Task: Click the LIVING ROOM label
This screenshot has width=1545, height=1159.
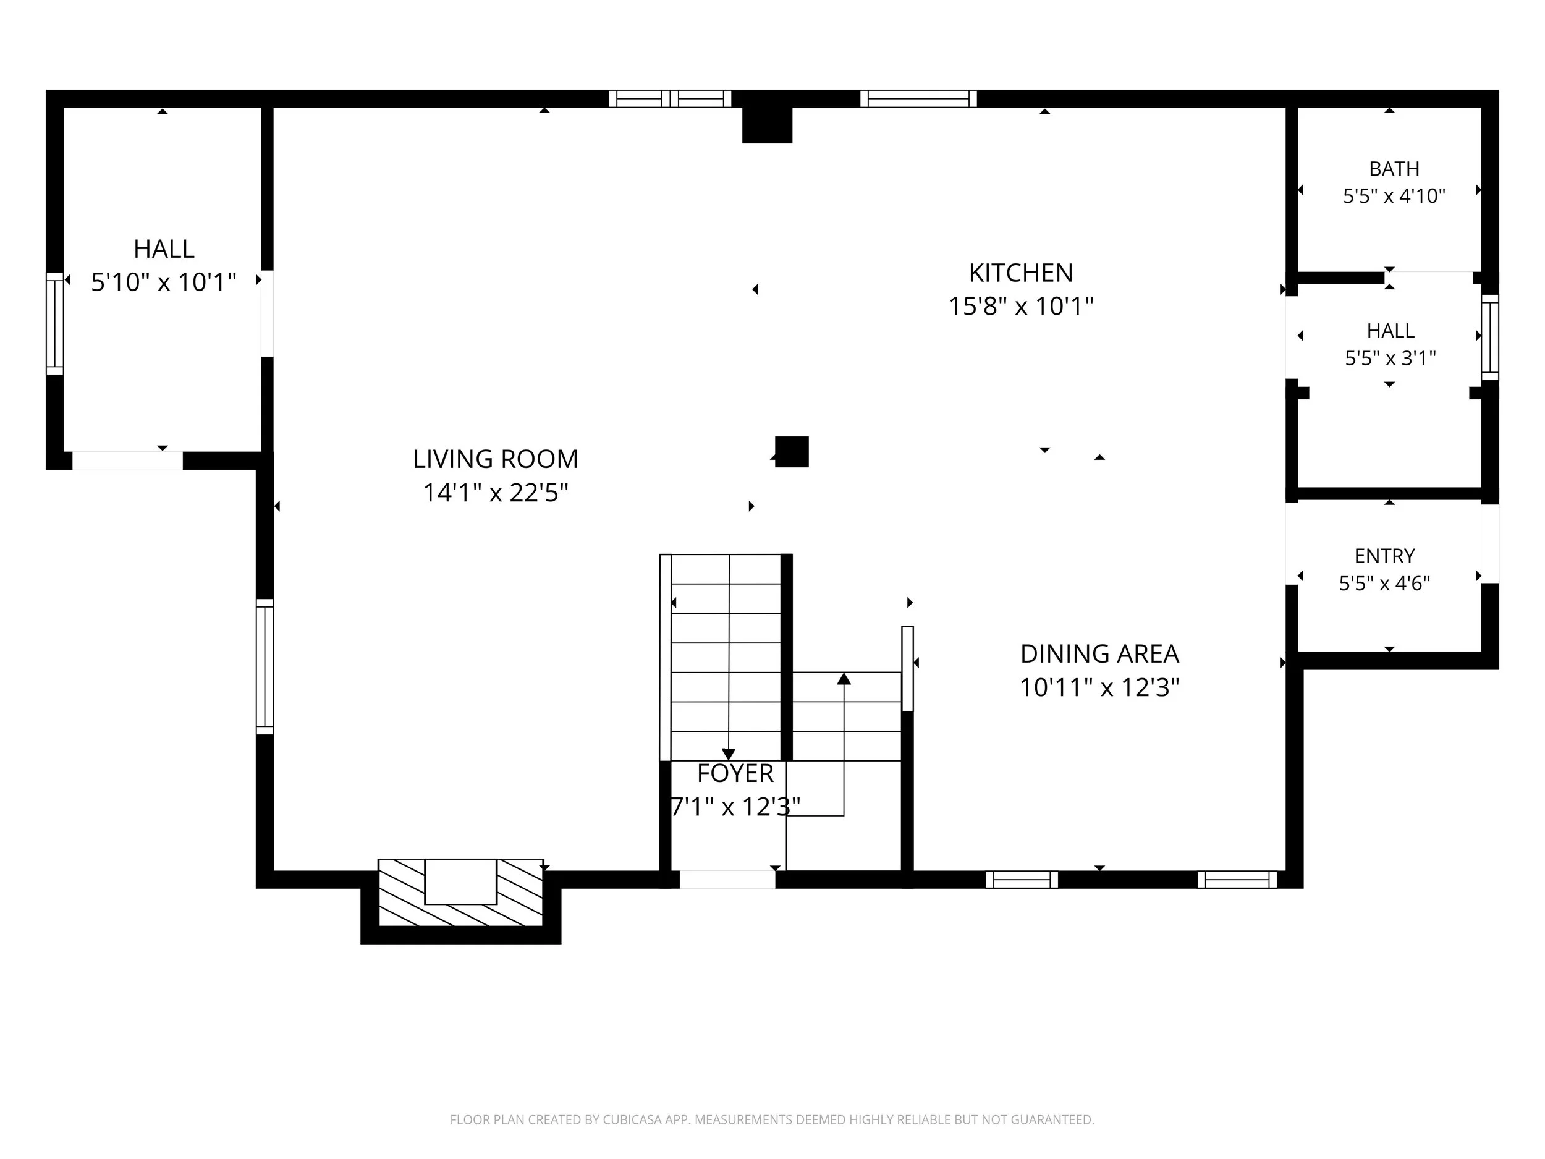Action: (495, 459)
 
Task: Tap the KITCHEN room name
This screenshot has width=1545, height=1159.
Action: (1020, 273)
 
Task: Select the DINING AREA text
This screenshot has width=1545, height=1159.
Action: (1099, 654)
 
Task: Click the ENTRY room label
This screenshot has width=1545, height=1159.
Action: (1384, 556)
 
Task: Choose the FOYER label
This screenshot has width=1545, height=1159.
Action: (735, 773)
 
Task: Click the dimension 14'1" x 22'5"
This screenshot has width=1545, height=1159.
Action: (495, 493)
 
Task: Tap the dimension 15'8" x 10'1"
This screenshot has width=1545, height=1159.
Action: (1020, 306)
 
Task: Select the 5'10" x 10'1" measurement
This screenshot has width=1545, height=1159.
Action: (163, 282)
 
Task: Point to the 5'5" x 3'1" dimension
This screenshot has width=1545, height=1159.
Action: (1390, 358)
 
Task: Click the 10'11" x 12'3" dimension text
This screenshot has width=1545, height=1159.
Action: (1099, 687)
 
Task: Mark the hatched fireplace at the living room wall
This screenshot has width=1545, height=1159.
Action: (460, 893)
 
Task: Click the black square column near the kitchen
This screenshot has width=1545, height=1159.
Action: (792, 451)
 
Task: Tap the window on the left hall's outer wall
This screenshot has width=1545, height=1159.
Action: (54, 323)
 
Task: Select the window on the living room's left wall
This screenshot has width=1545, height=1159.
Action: (265, 666)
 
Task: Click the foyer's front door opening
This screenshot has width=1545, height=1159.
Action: (727, 880)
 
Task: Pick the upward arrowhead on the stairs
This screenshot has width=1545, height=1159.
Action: (844, 678)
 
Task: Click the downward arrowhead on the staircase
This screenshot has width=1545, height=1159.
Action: (729, 755)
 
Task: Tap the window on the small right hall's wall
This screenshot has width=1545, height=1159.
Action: (1490, 338)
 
